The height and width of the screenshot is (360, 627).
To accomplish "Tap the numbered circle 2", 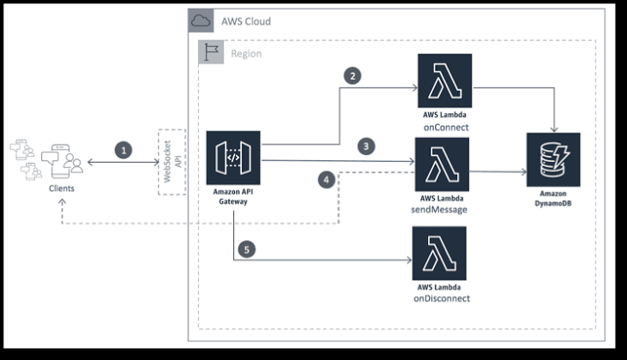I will pyautogui.click(x=352, y=75).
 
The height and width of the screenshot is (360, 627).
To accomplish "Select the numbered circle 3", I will pyautogui.click(x=367, y=147).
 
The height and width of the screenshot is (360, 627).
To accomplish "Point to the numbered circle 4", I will pyautogui.click(x=325, y=179).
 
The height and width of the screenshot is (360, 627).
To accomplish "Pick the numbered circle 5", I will pyautogui.click(x=247, y=249).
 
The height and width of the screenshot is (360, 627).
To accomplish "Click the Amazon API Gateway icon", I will pyautogui.click(x=233, y=159).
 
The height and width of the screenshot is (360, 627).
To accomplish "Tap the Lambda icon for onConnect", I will pyautogui.click(x=443, y=81).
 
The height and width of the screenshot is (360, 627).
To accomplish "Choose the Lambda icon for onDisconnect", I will pyautogui.click(x=439, y=252).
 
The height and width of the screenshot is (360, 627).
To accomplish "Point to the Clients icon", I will pyautogui.click(x=60, y=159).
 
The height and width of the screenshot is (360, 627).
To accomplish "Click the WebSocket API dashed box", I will pyautogui.click(x=172, y=161).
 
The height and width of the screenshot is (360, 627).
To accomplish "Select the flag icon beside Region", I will pyautogui.click(x=210, y=52).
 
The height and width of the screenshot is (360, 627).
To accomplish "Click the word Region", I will pyautogui.click(x=245, y=53).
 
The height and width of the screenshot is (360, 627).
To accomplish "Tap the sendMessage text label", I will pyautogui.click(x=442, y=208).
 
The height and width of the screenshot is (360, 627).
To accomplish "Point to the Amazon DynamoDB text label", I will pyautogui.click(x=553, y=201).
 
